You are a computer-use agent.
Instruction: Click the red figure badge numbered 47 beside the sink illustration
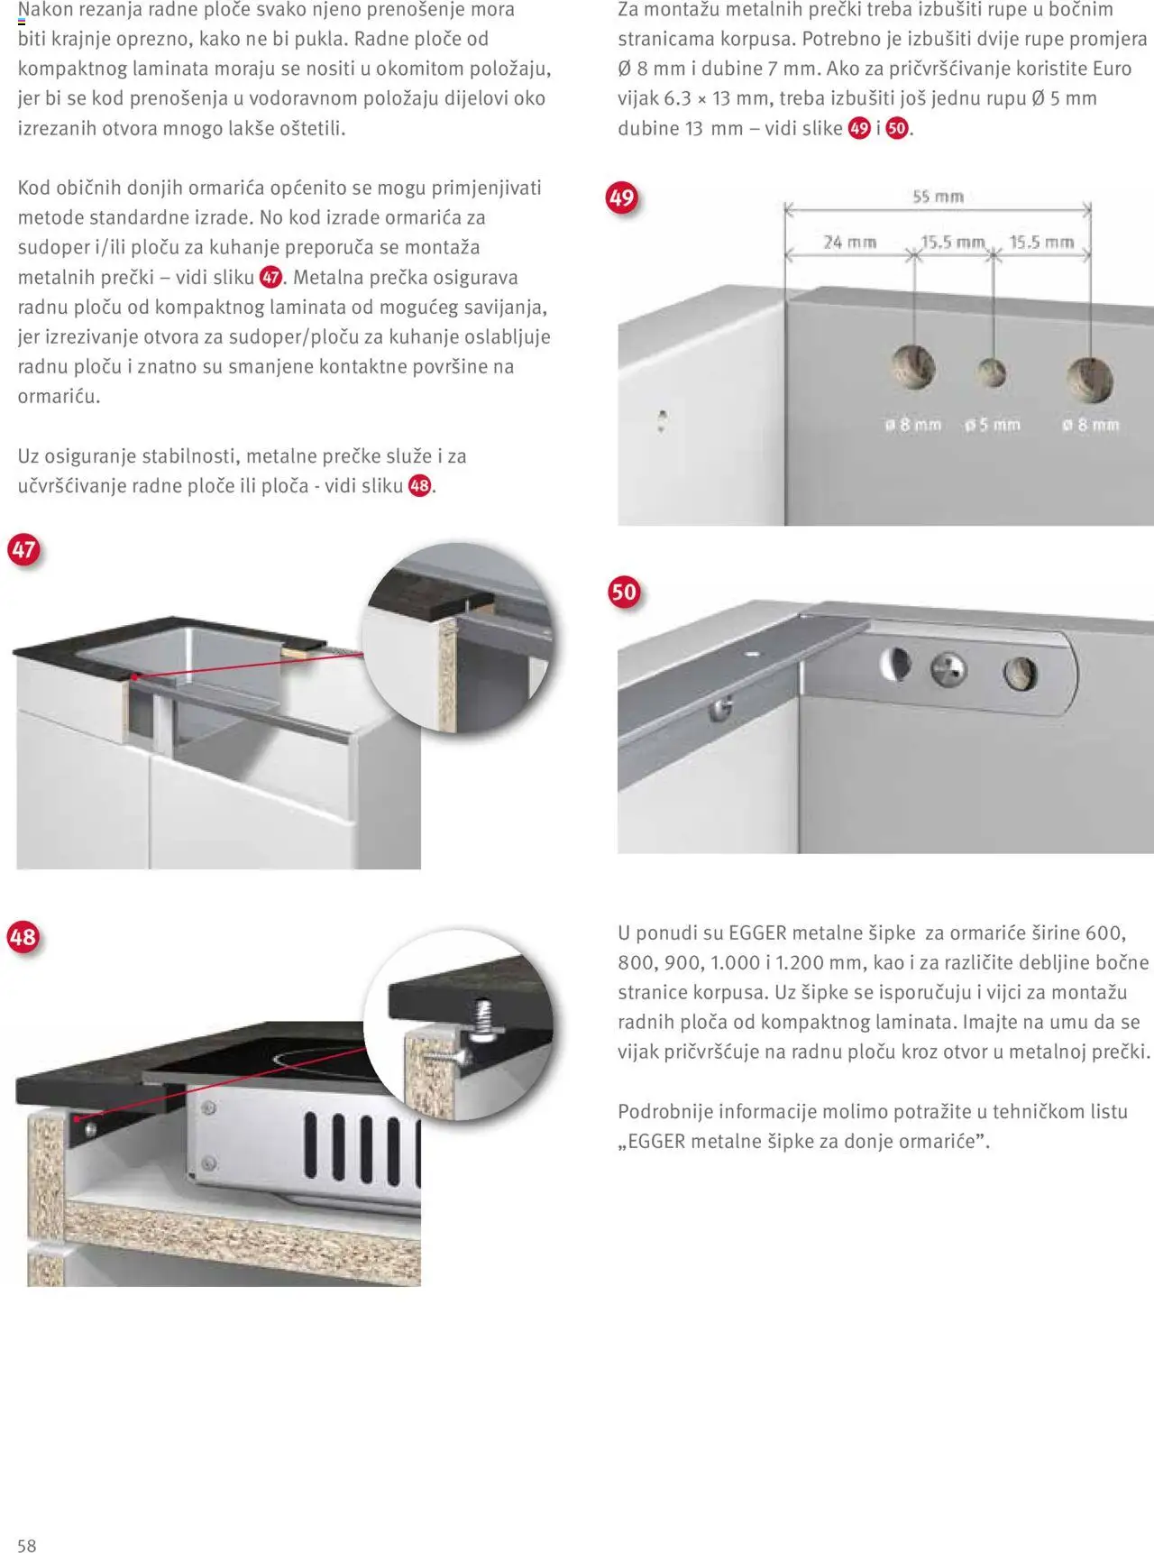(23, 549)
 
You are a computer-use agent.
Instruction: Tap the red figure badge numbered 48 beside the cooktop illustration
(23, 937)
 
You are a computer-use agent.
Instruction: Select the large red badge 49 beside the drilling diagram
(622, 198)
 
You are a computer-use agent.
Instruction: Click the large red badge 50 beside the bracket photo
(624, 592)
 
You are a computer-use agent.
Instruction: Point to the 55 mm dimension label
(938, 197)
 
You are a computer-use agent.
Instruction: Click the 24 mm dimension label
(849, 242)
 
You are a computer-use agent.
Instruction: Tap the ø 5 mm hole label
(992, 424)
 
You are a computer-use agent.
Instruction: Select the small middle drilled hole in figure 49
(992, 372)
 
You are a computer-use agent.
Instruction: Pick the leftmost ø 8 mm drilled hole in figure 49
(913, 367)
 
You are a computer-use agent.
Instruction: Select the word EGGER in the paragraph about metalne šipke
(757, 933)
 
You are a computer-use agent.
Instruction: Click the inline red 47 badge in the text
(270, 277)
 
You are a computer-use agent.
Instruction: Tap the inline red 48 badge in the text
(419, 485)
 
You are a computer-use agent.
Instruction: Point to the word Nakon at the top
(45, 10)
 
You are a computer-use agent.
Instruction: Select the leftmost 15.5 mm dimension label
(952, 242)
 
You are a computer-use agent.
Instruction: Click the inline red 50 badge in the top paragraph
(896, 128)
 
